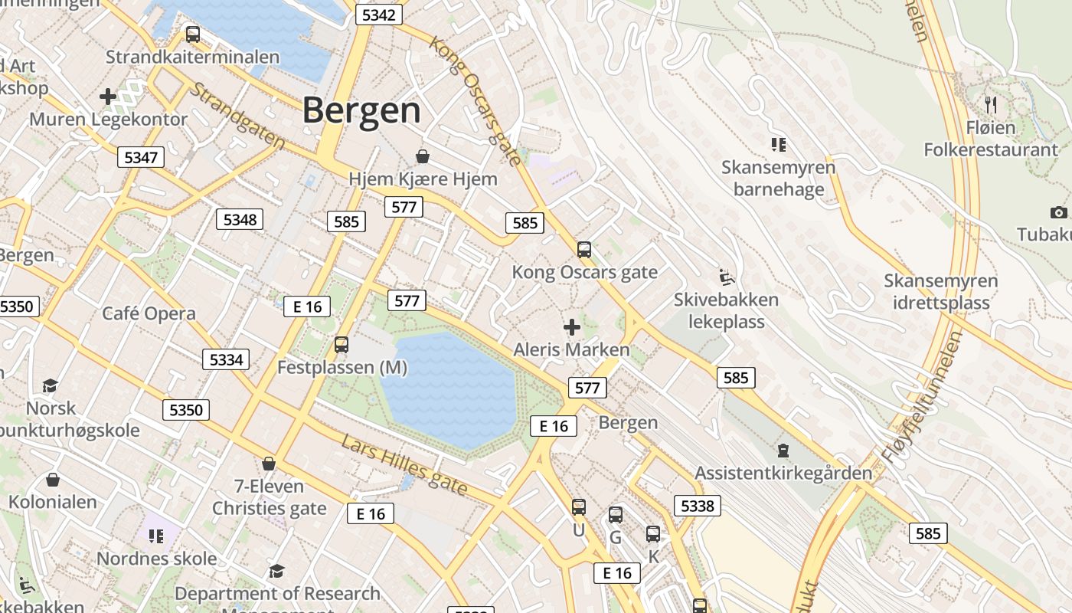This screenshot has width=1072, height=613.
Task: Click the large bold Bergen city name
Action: coord(361,110)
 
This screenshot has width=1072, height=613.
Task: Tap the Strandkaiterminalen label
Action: coord(192,57)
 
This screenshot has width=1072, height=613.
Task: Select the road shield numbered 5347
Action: coord(141,158)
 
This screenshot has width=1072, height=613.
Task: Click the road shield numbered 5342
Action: coord(379,15)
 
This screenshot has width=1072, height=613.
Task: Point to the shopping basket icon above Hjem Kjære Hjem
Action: coord(422,157)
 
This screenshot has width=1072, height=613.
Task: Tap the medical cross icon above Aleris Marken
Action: coord(571,328)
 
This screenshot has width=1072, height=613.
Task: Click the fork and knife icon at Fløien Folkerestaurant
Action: coord(991,104)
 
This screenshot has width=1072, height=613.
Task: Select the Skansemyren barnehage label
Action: coord(779,178)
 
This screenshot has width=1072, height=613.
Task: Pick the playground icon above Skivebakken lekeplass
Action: coord(726,277)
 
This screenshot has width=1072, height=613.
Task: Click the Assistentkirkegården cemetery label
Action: coord(783,473)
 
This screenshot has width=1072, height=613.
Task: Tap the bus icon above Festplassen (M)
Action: coord(342,345)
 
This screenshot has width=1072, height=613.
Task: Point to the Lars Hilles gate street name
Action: coord(404,464)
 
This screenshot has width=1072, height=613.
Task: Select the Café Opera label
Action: coord(149,313)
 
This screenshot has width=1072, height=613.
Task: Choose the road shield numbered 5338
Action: coord(697,505)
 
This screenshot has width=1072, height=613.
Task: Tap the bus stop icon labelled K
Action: coord(652,535)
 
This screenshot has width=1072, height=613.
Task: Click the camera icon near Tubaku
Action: coord(1058,212)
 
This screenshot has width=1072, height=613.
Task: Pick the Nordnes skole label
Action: coord(156,558)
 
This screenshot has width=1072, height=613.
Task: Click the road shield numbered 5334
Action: coord(226,359)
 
